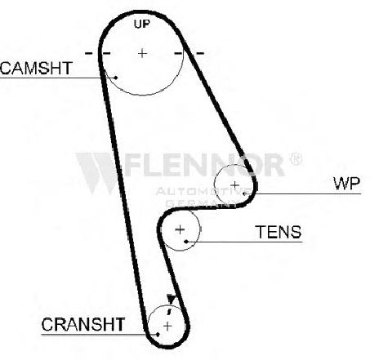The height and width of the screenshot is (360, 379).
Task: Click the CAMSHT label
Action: [36, 68]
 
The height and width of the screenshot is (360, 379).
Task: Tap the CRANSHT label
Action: [83, 324]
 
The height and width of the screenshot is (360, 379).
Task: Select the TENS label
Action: [279, 232]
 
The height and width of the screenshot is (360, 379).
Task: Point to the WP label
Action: [347, 184]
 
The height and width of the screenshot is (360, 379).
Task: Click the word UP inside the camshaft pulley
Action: [142, 24]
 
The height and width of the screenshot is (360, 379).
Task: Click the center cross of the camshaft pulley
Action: [142, 53]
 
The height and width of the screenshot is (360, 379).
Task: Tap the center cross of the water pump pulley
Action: [234, 185]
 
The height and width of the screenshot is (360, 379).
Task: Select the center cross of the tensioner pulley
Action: [180, 229]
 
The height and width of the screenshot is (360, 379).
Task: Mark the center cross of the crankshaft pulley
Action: [167, 326]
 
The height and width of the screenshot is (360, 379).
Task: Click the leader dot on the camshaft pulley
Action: [116, 78]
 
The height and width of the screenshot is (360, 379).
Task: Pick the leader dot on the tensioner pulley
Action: [186, 242]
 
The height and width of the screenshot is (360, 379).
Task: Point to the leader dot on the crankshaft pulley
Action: [158, 334]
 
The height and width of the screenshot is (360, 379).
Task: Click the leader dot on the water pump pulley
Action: [244, 193]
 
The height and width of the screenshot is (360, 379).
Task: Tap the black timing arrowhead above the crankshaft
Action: [171, 299]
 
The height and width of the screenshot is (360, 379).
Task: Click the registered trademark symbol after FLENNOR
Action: [296, 159]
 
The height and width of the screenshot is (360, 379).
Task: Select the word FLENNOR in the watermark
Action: [204, 165]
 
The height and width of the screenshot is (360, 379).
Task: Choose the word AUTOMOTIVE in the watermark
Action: [203, 192]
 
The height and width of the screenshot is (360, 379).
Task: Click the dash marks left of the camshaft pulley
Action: [97, 53]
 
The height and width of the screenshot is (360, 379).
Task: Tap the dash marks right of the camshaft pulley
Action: [189, 53]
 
